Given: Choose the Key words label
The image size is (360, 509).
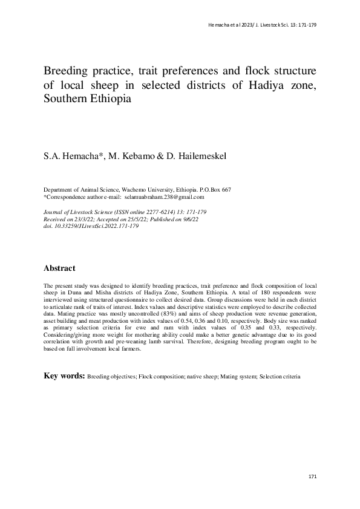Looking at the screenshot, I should pyautogui.click(x=65, y=376).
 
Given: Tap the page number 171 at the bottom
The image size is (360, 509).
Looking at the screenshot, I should pyautogui.click(x=312, y=477).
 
